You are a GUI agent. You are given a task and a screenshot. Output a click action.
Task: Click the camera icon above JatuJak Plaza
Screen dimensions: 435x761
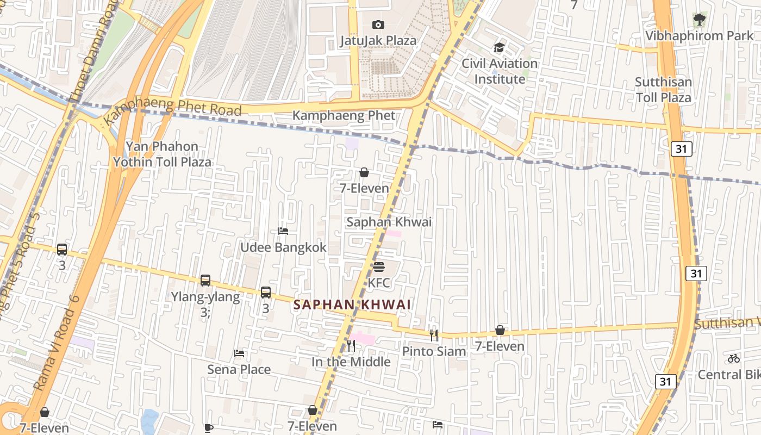[x=378, y=24]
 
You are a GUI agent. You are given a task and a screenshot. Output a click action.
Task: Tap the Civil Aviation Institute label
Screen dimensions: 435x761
[x=500, y=71]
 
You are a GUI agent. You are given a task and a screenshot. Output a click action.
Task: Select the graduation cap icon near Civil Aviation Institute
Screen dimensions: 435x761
[x=499, y=48]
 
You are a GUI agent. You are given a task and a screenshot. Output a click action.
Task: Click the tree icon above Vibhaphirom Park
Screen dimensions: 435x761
[x=699, y=20]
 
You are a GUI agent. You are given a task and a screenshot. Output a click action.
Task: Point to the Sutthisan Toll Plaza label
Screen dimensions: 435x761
[x=663, y=90]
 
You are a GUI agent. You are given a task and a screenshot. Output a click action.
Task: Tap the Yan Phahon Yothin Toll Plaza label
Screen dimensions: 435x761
[x=162, y=154]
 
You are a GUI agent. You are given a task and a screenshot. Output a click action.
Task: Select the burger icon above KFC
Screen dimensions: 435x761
[x=379, y=267]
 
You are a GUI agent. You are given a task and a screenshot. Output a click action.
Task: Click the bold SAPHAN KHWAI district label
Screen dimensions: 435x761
[x=352, y=305]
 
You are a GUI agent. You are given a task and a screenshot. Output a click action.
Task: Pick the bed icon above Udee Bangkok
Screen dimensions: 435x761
[x=283, y=231]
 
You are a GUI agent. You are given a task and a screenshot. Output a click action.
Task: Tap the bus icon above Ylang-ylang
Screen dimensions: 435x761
[x=205, y=281]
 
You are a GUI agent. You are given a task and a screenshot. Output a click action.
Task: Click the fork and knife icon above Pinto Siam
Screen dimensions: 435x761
[x=434, y=335]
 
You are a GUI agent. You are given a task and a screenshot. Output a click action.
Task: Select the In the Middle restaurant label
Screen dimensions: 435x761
[x=351, y=362]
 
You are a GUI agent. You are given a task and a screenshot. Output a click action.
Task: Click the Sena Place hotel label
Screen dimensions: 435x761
[x=239, y=370]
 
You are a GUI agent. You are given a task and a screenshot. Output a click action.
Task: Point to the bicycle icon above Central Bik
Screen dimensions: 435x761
[x=734, y=358]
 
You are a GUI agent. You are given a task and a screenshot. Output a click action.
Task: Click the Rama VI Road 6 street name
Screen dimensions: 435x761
[x=57, y=343]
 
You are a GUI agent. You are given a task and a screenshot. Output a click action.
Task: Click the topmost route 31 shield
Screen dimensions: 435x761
[x=681, y=148]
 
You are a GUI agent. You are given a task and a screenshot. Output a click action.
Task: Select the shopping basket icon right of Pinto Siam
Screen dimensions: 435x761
[x=500, y=330]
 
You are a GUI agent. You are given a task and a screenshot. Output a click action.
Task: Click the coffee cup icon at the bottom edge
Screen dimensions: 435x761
[x=209, y=428]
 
